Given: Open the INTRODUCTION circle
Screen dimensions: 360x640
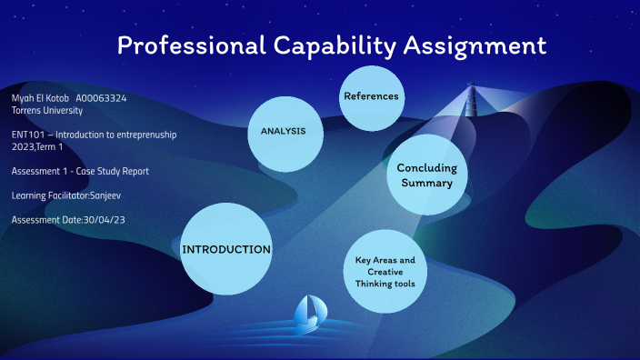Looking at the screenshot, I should coord(226,249).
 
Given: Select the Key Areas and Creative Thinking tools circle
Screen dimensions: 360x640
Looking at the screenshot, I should coord(385,272).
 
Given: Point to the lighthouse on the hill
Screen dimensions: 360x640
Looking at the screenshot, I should coord(472,99).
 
